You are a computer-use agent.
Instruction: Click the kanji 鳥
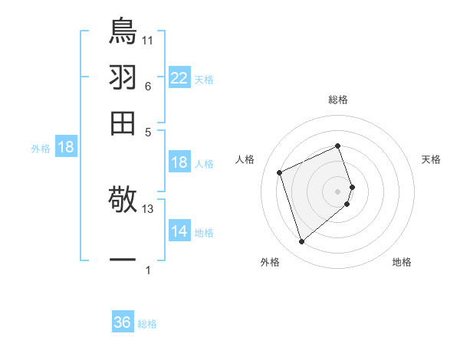(x=123, y=30)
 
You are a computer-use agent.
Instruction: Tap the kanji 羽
(x=123, y=77)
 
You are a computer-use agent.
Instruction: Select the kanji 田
(x=123, y=123)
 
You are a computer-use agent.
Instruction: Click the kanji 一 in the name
(x=123, y=260)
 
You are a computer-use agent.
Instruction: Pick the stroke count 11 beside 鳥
(x=148, y=40)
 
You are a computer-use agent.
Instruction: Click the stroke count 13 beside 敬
(x=148, y=208)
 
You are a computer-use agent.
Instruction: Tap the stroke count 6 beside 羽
(x=148, y=87)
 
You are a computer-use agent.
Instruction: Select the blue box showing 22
(x=179, y=78)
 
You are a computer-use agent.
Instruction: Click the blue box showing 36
(x=123, y=322)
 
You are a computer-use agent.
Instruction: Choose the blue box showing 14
(x=179, y=231)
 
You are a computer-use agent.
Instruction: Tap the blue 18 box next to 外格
(x=66, y=148)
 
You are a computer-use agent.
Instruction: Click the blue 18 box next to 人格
(x=179, y=162)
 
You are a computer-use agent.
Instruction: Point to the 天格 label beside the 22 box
(x=204, y=80)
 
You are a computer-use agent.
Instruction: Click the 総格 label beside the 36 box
(x=147, y=324)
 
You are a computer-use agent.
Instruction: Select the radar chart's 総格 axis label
(x=338, y=100)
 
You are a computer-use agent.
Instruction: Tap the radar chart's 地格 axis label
(x=402, y=263)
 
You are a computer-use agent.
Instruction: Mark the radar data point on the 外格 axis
(x=302, y=242)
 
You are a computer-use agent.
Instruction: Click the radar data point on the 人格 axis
(x=281, y=172)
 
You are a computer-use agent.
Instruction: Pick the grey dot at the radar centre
(x=338, y=190)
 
